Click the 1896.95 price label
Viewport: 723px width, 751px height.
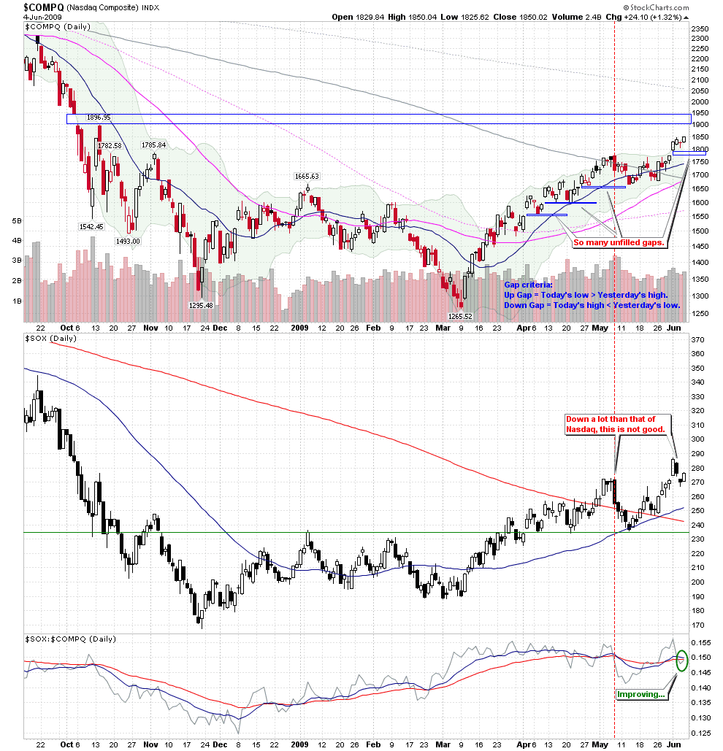tap(98, 117)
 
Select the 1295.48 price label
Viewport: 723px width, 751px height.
tap(200, 305)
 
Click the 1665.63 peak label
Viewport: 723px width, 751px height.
tap(307, 176)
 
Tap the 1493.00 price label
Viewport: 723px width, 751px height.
tap(128, 241)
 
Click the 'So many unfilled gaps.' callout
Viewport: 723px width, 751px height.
tap(622, 242)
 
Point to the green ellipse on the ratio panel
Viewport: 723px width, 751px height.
tap(681, 660)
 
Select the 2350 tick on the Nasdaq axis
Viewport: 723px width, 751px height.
tap(699, 28)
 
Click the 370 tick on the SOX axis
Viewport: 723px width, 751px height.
tap(697, 339)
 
